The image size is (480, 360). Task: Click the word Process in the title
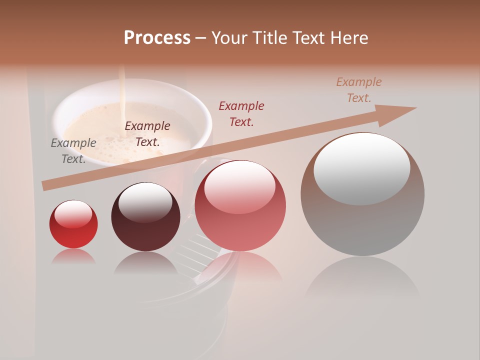[x=157, y=38]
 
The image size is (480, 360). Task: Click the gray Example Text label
[x=73, y=151]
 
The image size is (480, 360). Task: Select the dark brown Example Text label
[x=147, y=134]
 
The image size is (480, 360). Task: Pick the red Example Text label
[x=241, y=114]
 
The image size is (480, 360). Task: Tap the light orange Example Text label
[x=359, y=90]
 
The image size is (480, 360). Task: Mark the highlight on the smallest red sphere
[x=73, y=214]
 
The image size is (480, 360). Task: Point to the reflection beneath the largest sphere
[x=362, y=280]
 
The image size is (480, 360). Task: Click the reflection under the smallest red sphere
[x=73, y=257]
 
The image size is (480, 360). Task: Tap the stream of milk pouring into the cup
[x=121, y=95]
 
